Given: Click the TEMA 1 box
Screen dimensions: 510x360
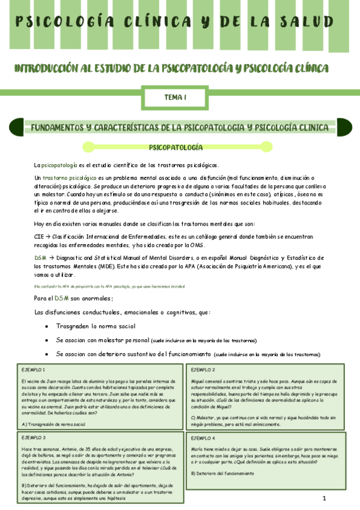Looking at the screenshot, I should [175, 96].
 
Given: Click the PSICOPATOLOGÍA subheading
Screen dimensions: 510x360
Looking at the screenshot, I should [175, 147].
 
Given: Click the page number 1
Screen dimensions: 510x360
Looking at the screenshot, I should [324, 499].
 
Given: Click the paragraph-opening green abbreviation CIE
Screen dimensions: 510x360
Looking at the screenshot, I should [40, 238].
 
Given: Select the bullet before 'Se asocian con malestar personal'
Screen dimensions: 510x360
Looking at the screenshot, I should [47, 340].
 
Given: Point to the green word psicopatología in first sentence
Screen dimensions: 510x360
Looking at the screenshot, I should [59, 165].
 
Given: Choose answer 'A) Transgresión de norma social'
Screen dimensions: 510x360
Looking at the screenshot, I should [53, 425].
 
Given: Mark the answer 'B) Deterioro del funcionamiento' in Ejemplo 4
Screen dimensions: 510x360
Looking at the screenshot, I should [224, 473].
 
